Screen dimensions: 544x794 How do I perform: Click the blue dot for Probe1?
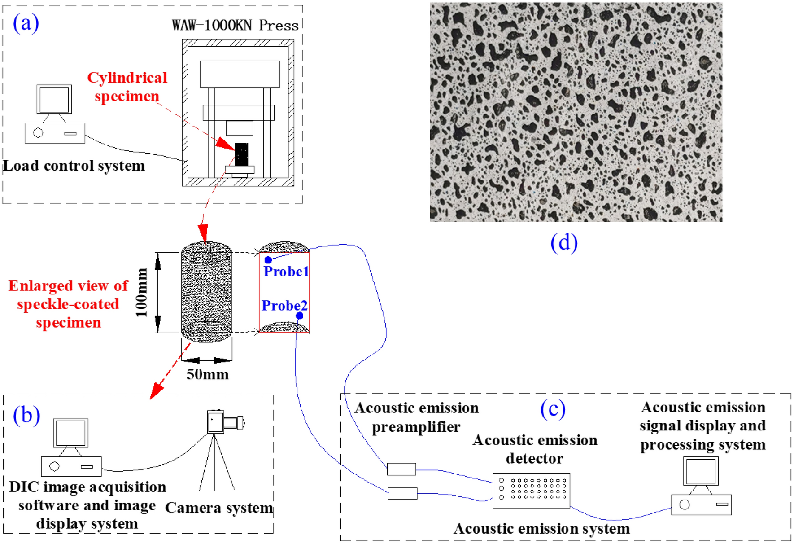point(268,260)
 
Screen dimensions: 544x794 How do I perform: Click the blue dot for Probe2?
point(300,316)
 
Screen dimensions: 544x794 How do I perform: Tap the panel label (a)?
point(26,23)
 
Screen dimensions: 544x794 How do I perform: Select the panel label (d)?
point(564,243)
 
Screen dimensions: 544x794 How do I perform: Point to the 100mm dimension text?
point(141,293)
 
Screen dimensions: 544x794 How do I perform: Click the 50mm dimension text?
point(207,374)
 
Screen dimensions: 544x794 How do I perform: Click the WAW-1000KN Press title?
point(235,25)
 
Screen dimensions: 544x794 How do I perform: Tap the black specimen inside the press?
point(241,154)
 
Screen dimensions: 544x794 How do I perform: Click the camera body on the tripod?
point(216,422)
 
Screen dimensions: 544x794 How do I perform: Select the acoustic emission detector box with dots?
point(531,490)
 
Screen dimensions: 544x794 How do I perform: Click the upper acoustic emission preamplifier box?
point(401,469)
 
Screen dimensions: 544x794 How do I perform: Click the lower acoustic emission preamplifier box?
point(402,494)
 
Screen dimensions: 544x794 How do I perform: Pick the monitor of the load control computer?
point(54,99)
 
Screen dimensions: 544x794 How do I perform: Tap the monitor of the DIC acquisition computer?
point(70,433)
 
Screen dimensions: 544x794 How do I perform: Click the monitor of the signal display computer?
point(701,471)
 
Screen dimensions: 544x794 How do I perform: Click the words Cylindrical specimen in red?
point(127,87)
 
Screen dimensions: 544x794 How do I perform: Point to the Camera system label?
point(219,508)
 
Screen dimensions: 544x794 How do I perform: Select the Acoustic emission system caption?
point(541,529)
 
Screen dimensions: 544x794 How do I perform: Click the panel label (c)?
point(553,409)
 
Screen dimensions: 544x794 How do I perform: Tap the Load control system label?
point(74,166)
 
